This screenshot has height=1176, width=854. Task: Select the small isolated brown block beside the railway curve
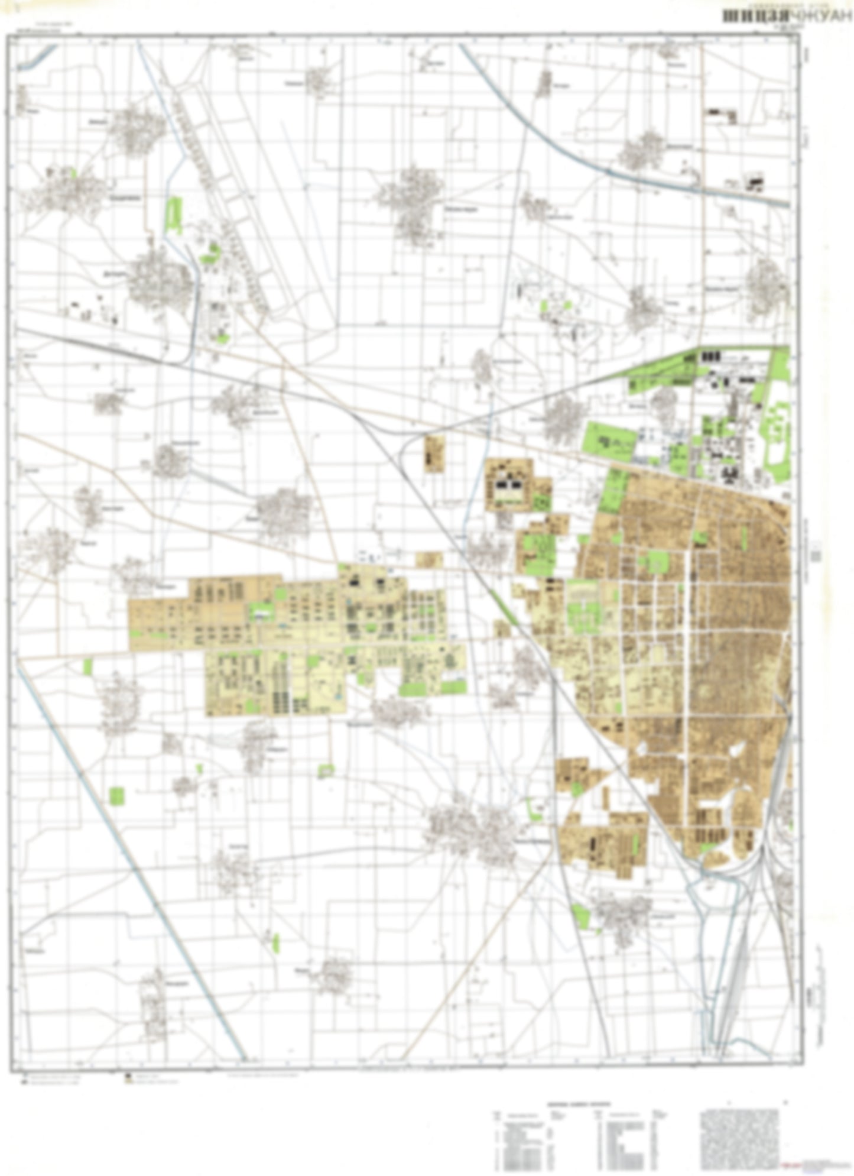coord(434,454)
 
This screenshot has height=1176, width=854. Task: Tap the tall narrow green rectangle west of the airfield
coord(174,216)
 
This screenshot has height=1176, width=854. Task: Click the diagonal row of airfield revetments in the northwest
coord(225,201)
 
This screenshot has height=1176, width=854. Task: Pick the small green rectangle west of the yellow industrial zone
coord(88,667)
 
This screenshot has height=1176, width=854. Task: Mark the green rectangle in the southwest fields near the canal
coord(118,796)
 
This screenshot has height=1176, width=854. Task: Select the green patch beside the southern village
coord(581,915)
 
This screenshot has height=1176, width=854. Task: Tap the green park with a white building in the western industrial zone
coord(260,612)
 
